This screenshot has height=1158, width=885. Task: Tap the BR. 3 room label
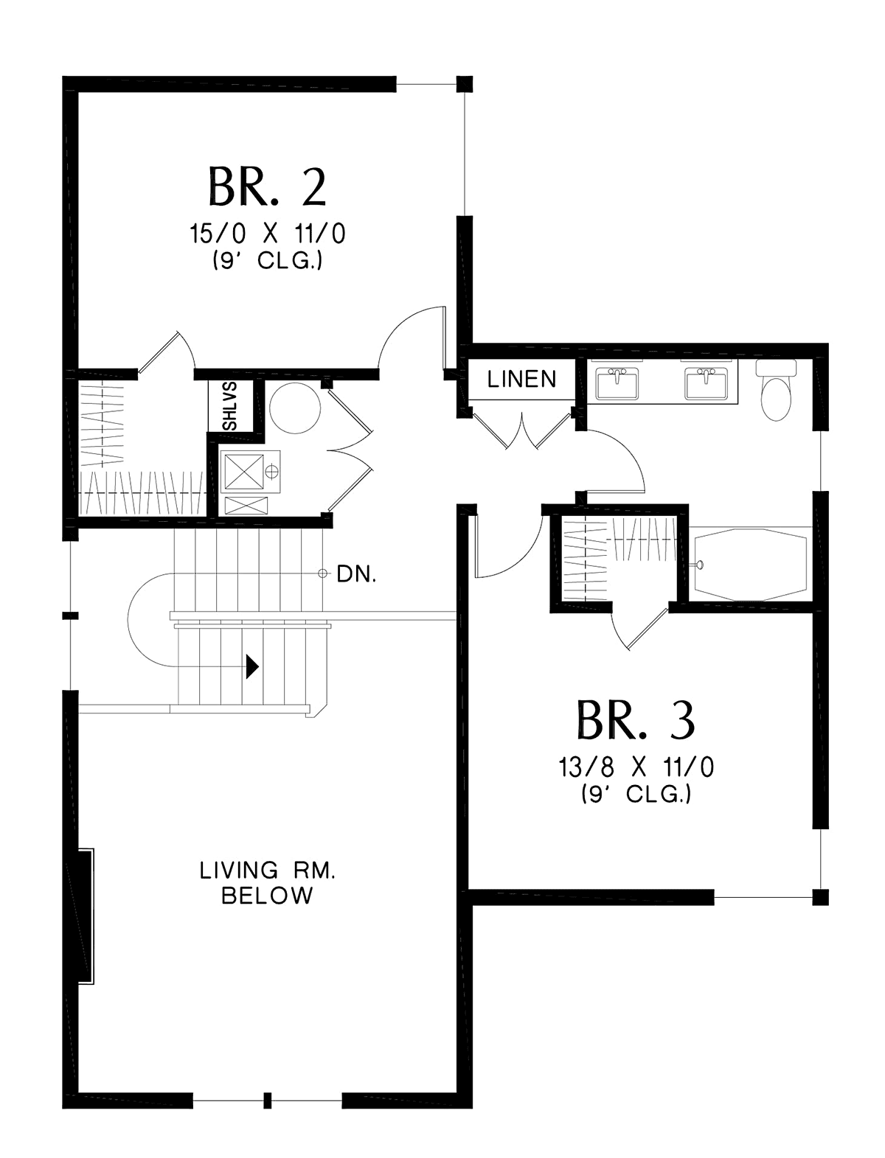(x=636, y=720)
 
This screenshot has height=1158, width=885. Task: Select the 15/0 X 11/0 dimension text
(x=268, y=234)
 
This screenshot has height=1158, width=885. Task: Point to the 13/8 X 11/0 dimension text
(x=636, y=767)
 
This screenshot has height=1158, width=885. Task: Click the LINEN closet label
(x=521, y=379)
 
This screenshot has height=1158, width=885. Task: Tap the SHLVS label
(x=231, y=405)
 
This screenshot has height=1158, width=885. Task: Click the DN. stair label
(x=356, y=574)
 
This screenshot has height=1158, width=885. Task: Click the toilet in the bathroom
(x=776, y=389)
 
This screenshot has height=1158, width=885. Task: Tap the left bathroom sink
(x=617, y=383)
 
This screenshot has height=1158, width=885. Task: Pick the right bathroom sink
(x=706, y=383)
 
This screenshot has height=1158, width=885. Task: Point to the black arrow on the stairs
(x=253, y=667)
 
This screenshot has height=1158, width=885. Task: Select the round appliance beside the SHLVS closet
(x=295, y=408)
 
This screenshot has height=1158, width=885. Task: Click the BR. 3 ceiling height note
(x=636, y=795)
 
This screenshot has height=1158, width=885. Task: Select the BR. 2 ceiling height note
(x=268, y=261)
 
